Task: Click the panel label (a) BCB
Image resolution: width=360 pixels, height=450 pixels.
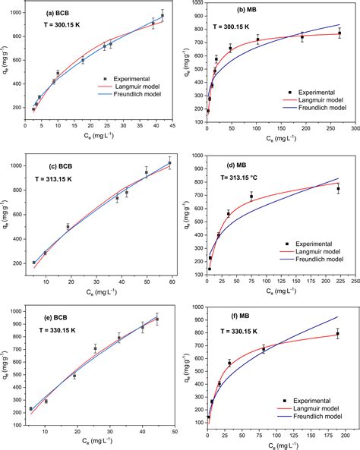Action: (x=62, y=13)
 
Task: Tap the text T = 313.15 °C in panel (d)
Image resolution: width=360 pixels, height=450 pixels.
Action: (x=245, y=177)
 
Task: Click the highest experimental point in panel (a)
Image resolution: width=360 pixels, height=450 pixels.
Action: (x=163, y=15)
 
